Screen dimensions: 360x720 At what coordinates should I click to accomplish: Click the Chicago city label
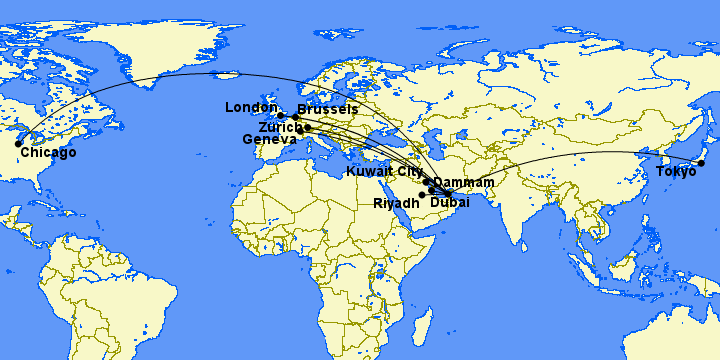[x=48, y=153]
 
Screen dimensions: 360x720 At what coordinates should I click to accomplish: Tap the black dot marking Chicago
[x=18, y=143]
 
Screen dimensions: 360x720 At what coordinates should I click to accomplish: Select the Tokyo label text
[x=676, y=173]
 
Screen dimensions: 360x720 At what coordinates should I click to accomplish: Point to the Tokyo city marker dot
[x=701, y=163]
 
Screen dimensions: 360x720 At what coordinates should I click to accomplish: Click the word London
[x=251, y=108]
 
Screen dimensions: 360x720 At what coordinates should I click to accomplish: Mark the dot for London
[x=281, y=116]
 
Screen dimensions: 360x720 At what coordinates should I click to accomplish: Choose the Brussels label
[x=328, y=108]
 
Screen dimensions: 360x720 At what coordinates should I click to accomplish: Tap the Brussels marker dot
[x=295, y=117]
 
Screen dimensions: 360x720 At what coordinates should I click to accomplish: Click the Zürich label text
[x=279, y=128]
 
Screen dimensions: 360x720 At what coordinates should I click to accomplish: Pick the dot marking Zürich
[x=308, y=128]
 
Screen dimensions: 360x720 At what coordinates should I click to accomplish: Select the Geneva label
[x=270, y=140]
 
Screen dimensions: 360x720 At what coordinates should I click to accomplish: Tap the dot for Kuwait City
[x=426, y=182]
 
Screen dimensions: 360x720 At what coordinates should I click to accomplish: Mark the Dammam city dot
[x=432, y=188]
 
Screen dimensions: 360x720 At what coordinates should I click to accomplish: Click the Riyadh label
[x=396, y=203]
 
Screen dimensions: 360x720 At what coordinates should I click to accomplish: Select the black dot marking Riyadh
[x=423, y=194]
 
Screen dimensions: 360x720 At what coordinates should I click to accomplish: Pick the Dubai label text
[x=450, y=203]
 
